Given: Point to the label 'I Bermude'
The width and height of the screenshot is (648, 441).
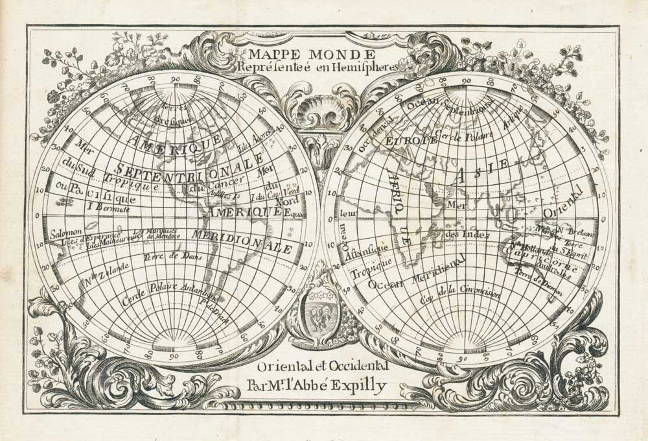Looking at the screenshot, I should coord(109,209).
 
